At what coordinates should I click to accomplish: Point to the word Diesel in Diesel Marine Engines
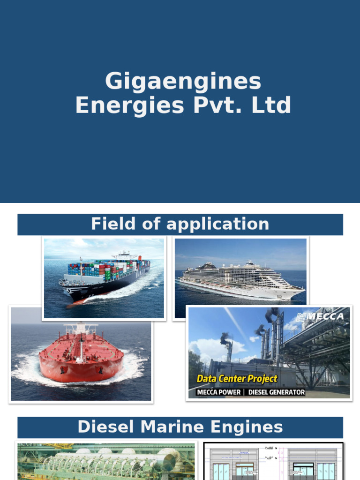click(x=103, y=427)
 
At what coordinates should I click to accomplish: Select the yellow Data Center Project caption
click(x=237, y=378)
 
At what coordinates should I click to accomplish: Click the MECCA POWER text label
click(x=219, y=392)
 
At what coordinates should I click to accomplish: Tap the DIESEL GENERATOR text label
click(x=277, y=392)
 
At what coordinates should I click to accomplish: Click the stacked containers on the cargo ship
click(x=108, y=268)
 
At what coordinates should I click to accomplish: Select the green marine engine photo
click(x=106, y=461)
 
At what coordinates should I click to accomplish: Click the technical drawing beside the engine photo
click(x=273, y=461)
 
